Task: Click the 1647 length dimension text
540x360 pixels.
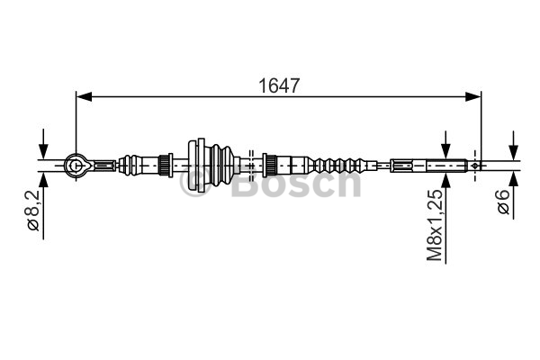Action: [279, 85]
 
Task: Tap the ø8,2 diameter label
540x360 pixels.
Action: [34, 210]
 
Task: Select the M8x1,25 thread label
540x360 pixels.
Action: [435, 225]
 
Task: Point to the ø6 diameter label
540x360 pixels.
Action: [503, 202]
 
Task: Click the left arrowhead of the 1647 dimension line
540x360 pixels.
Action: [84, 97]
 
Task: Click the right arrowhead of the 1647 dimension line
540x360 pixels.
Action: [472, 97]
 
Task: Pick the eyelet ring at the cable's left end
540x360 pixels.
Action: [76, 166]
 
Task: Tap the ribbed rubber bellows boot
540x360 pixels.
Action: [222, 165]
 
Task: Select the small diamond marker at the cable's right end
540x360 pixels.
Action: [475, 166]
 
